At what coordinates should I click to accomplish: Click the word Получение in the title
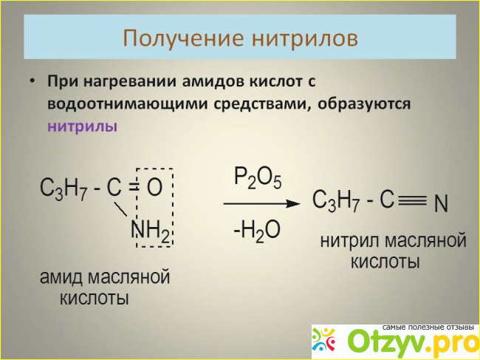[x=183, y=38]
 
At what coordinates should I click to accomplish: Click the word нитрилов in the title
[x=305, y=38]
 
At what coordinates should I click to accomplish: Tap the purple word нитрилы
[x=83, y=126]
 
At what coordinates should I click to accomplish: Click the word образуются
[x=364, y=103]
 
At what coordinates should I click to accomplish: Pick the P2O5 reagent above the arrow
[x=258, y=178]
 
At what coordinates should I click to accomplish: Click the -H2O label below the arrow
[x=256, y=231]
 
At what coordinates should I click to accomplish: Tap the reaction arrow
[x=261, y=203]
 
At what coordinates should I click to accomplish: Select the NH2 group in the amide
[x=150, y=231]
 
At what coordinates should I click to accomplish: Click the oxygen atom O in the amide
[x=154, y=188]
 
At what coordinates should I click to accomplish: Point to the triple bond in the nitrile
[x=412, y=201]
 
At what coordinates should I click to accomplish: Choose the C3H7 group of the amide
[x=64, y=189]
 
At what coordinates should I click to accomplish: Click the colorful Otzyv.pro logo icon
[x=323, y=339]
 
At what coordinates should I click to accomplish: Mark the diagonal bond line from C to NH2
[x=121, y=209]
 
